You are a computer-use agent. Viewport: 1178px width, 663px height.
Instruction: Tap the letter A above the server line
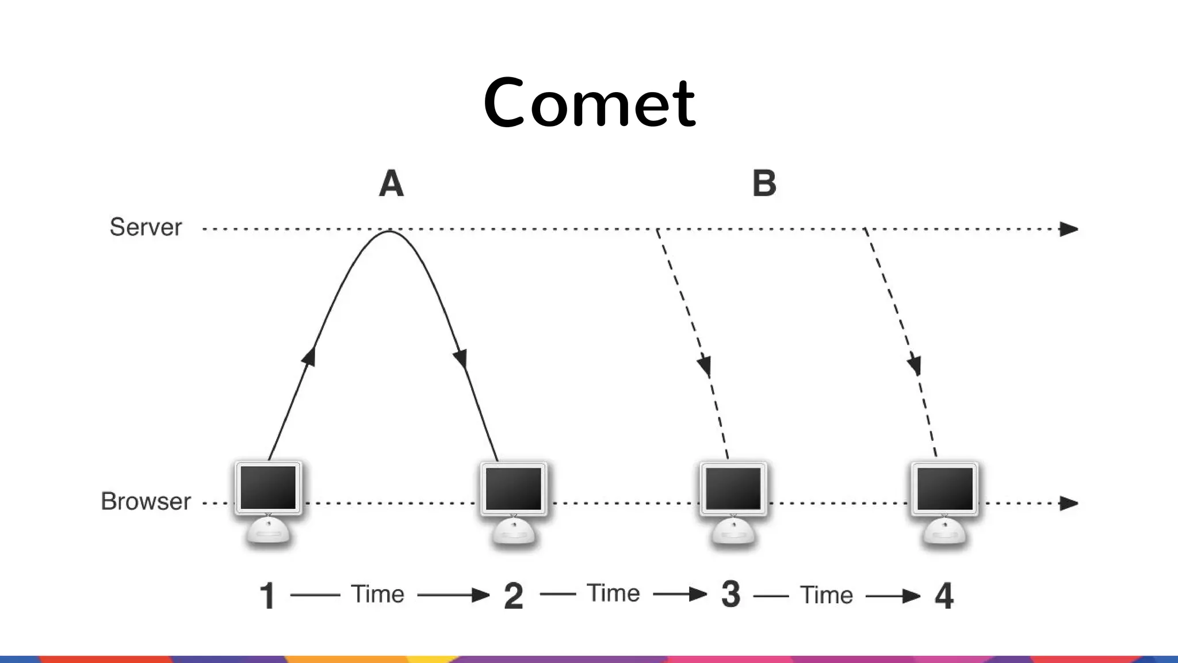(x=391, y=184)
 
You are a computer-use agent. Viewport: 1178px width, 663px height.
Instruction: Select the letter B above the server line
(x=764, y=184)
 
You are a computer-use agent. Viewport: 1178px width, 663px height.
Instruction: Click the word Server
(x=146, y=227)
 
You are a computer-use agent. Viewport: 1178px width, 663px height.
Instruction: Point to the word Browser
(x=146, y=501)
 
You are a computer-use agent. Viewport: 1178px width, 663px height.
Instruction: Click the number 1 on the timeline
(x=267, y=596)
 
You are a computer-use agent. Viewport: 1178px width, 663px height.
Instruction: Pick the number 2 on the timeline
(x=513, y=596)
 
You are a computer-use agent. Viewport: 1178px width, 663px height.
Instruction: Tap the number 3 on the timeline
(x=730, y=595)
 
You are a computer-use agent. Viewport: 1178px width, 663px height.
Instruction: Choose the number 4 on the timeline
(x=944, y=596)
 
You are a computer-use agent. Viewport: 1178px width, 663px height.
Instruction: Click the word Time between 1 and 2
(x=377, y=594)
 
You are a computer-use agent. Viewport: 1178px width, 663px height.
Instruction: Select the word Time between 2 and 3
(x=613, y=593)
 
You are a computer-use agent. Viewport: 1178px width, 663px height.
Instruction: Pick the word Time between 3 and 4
(x=826, y=595)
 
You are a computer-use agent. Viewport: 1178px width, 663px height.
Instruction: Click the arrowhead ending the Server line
(x=1069, y=229)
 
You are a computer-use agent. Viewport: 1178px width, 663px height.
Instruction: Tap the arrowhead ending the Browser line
(x=1069, y=504)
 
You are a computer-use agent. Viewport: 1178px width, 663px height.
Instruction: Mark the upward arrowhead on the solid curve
(x=310, y=355)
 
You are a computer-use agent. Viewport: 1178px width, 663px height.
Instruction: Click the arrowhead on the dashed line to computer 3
(x=705, y=366)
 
